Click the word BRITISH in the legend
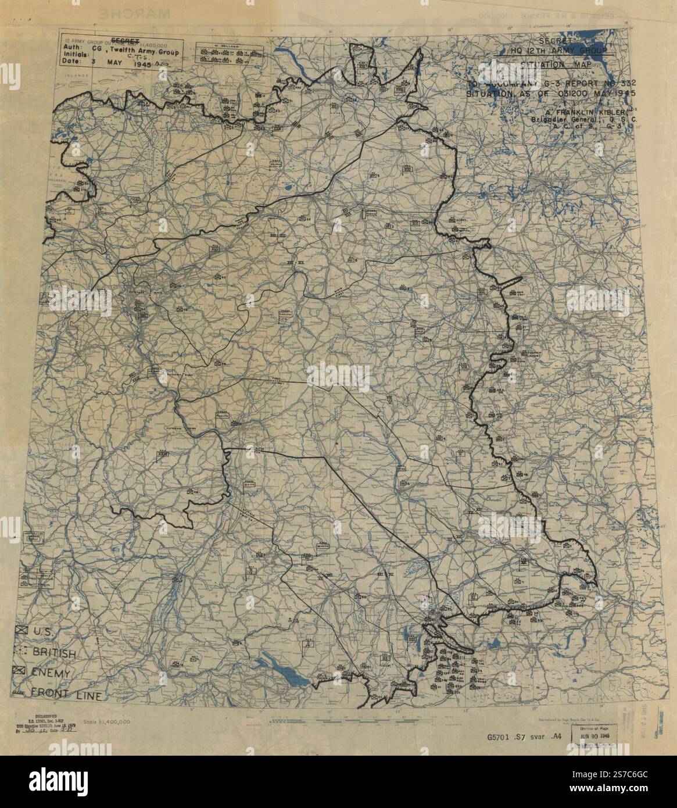(x=53, y=654)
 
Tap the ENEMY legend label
(x=51, y=673)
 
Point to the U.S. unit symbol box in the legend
(x=22, y=631)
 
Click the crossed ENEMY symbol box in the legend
(x=20, y=671)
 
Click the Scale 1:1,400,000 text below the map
(x=106, y=721)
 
